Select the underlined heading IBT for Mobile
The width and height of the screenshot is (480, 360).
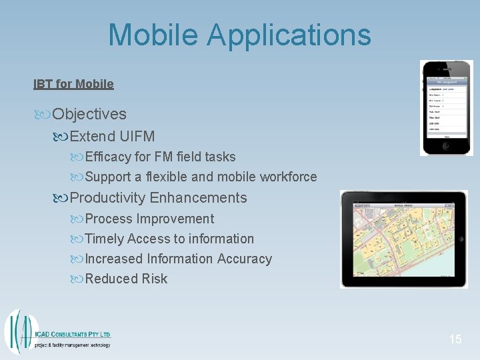coord(73,84)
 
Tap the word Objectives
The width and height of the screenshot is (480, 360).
coord(89,115)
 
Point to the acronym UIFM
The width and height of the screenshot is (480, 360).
coord(137,137)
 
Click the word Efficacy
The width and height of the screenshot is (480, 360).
coord(110,157)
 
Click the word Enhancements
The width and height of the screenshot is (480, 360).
coord(199,198)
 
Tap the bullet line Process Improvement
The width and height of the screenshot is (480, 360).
coord(149,219)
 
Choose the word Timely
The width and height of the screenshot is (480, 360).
coord(105,239)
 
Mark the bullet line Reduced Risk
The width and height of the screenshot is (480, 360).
coord(126,279)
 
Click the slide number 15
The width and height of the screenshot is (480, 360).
coord(455,339)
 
